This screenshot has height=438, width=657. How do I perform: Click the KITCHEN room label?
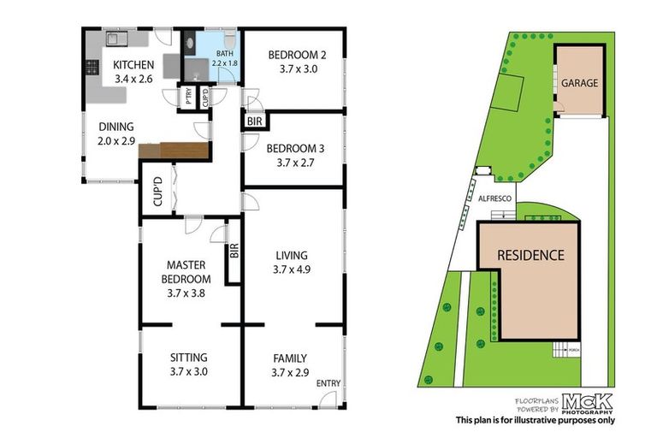click(134, 64)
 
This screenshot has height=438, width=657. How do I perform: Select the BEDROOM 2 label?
click(293, 56)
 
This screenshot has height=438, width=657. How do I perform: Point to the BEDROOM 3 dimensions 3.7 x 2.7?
click(293, 160)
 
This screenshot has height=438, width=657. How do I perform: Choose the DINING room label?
click(115, 126)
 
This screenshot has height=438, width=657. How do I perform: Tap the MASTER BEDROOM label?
click(188, 272)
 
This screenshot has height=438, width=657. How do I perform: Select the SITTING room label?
click(188, 358)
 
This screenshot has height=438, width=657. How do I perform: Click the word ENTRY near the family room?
click(328, 382)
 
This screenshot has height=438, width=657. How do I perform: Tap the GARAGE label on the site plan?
click(579, 83)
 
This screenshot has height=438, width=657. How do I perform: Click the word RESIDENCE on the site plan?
click(531, 255)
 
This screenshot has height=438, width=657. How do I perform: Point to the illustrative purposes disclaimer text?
click(535, 419)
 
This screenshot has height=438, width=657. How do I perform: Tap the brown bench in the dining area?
click(175, 151)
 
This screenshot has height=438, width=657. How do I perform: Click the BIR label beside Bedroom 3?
click(254, 122)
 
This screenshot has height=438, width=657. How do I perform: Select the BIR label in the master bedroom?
click(234, 252)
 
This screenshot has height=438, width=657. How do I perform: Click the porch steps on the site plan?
click(560, 349)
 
